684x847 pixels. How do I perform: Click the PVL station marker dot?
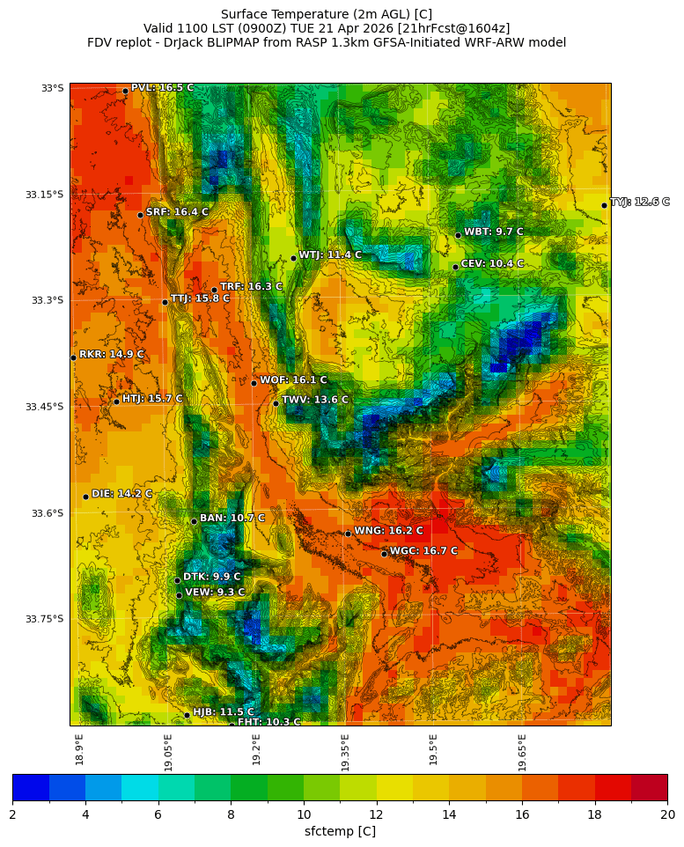125,91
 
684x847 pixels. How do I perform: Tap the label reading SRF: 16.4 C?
177,212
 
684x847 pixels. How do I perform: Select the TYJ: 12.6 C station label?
640,203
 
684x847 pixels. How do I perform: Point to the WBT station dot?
458,235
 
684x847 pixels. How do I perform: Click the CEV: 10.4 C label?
492,263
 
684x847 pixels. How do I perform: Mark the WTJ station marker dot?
293,258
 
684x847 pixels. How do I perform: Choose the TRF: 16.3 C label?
251,286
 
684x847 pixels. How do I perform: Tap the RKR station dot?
73,357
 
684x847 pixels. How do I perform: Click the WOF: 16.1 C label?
293,380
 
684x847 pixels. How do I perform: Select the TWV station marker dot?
276,403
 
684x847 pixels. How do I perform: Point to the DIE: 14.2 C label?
121,494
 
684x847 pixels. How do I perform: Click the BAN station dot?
194,521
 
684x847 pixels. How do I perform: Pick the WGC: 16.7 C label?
423,551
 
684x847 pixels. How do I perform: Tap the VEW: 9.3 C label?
215,593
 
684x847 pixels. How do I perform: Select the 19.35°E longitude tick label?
345,752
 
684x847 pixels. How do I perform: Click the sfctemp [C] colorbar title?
340,831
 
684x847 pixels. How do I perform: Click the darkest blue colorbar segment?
31,786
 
